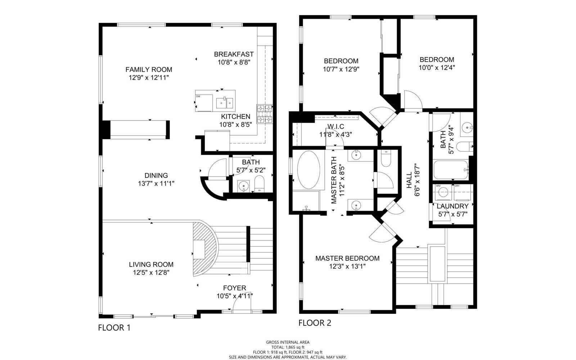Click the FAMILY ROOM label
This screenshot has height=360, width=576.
(x=149, y=69)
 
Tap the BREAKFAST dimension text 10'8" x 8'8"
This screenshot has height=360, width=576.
(x=234, y=62)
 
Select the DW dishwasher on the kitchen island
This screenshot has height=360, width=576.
(x=204, y=103)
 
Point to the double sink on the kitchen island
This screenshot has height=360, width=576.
(x=225, y=103)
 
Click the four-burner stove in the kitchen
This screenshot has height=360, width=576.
(x=265, y=114)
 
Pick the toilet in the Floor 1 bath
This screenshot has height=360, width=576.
(x=259, y=184)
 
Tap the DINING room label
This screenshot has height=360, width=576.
(x=156, y=175)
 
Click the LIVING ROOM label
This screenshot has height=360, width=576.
(x=151, y=264)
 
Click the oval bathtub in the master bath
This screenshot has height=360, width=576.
(x=309, y=170)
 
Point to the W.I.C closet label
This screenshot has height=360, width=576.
(x=336, y=126)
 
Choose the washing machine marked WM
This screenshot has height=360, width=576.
(x=443, y=192)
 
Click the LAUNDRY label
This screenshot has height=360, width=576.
(x=453, y=206)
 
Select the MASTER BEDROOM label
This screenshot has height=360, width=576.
(x=347, y=258)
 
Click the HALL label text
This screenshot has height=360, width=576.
(x=409, y=180)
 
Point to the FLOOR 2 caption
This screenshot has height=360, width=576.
(x=315, y=323)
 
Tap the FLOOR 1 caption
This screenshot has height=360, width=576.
(x=114, y=328)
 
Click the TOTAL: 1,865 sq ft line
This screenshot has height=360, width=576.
(x=288, y=347)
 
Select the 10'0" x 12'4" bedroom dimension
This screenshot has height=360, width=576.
(x=437, y=68)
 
